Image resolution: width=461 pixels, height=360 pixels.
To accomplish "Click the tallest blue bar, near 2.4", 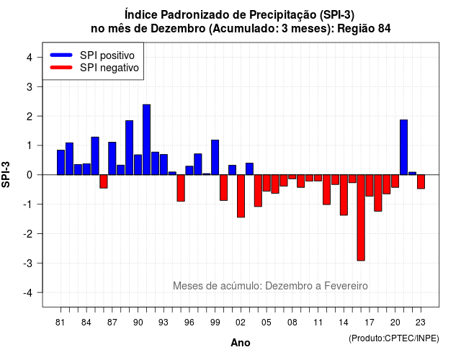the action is [146, 140].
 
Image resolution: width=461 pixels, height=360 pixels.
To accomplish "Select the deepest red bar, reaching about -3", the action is [361, 217].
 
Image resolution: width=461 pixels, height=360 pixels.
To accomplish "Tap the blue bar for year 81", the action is [61, 162].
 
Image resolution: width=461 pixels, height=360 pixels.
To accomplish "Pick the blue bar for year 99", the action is [215, 157].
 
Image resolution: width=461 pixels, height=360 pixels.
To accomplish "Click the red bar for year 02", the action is [241, 196].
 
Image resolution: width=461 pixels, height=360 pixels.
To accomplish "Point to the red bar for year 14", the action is [344, 195].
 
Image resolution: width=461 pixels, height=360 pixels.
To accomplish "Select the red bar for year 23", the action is [421, 181].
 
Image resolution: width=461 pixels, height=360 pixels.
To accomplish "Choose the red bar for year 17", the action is [370, 186].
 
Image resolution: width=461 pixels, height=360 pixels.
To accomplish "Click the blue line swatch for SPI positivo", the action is [61, 55].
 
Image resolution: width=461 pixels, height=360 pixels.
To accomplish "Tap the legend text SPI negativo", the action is [109, 68].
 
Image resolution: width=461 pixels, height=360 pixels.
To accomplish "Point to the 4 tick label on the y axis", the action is [30, 58].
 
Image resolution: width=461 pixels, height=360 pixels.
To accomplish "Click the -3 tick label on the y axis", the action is [27, 263].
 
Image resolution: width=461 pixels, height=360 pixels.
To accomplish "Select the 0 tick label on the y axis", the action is [30, 175].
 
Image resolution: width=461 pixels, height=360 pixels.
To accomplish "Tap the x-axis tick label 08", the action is [292, 323].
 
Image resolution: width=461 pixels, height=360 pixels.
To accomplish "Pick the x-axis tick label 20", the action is [395, 323].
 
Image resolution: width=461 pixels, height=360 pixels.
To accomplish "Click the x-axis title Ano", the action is [241, 343].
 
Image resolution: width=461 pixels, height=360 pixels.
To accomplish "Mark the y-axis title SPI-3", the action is [6, 174].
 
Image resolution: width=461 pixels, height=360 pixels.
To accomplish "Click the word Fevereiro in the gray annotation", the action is [346, 286].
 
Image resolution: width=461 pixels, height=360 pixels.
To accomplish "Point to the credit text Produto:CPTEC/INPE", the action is [394, 338].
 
